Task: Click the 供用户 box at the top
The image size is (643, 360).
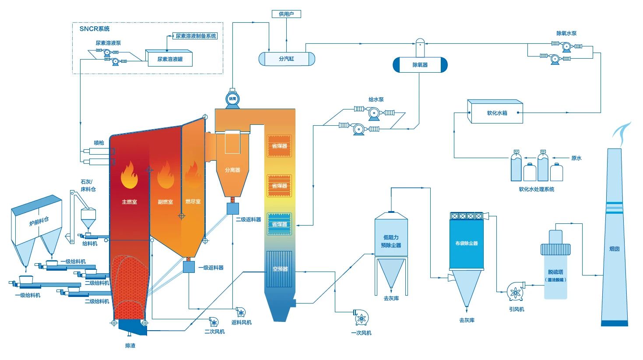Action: click(286, 14)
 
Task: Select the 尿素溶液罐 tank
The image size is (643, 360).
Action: click(169, 59)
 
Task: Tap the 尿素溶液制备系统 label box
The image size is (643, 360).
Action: click(196, 36)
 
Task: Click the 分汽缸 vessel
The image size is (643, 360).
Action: click(287, 59)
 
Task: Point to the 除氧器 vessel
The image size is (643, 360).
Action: click(420, 65)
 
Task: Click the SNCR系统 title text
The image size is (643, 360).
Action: click(95, 29)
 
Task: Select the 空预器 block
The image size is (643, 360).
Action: click(280, 269)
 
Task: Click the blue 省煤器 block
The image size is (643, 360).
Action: click(280, 224)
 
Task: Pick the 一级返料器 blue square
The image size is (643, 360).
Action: click(189, 267)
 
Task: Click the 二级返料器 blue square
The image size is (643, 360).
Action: click(232, 208)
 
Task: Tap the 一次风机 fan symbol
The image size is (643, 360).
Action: click(361, 318)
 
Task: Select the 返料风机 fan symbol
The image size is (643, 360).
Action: click(240, 312)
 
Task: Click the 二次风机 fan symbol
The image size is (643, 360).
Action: click(214, 322)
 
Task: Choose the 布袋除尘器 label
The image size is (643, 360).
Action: click(467, 243)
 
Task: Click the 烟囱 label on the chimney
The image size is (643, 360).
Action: click(615, 249)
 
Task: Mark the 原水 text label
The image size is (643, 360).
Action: click(576, 158)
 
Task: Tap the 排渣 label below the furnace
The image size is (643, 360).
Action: click(130, 346)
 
